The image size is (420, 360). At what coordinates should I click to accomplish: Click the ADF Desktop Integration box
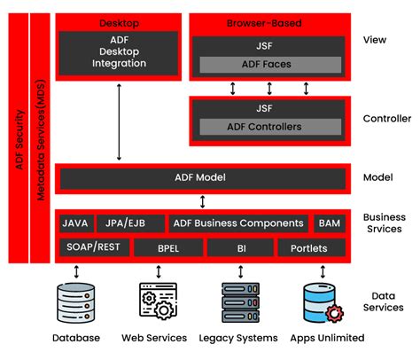point(119,52)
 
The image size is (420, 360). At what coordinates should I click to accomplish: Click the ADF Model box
point(201,177)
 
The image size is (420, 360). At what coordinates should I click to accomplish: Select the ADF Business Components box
point(238,223)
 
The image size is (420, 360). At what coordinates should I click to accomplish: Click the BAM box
point(329,223)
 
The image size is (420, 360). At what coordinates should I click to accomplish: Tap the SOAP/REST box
point(94,247)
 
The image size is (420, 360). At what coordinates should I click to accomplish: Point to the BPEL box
point(167,247)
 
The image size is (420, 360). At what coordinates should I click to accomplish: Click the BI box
point(240,247)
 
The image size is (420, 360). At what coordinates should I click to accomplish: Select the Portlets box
point(308,247)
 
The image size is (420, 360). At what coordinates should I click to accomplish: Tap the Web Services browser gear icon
point(157,302)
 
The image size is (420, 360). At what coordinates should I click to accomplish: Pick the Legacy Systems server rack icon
point(239,302)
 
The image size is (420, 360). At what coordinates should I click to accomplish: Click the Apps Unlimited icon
point(321,302)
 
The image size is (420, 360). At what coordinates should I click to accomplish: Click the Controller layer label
point(387,118)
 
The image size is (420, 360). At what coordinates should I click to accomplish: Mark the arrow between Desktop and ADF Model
point(119,121)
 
